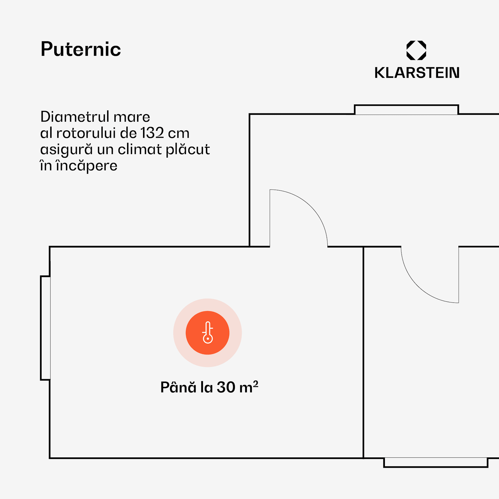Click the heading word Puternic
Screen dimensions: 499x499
click(81, 49)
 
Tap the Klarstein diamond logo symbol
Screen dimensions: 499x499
click(416, 50)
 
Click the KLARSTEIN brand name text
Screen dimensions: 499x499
click(417, 73)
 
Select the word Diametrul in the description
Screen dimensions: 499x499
click(75, 117)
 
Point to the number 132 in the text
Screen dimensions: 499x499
click(152, 133)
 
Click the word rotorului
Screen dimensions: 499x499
click(86, 133)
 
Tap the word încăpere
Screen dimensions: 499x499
click(86, 166)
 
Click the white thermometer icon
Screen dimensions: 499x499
click(208, 333)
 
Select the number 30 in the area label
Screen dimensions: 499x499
click(226, 387)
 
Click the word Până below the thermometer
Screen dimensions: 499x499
click(178, 387)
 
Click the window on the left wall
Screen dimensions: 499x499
click(46, 328)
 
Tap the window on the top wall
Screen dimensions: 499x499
click(406, 110)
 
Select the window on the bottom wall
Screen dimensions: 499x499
click(435, 462)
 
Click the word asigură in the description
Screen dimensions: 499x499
click(66, 149)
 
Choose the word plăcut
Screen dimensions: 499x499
click(188, 149)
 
